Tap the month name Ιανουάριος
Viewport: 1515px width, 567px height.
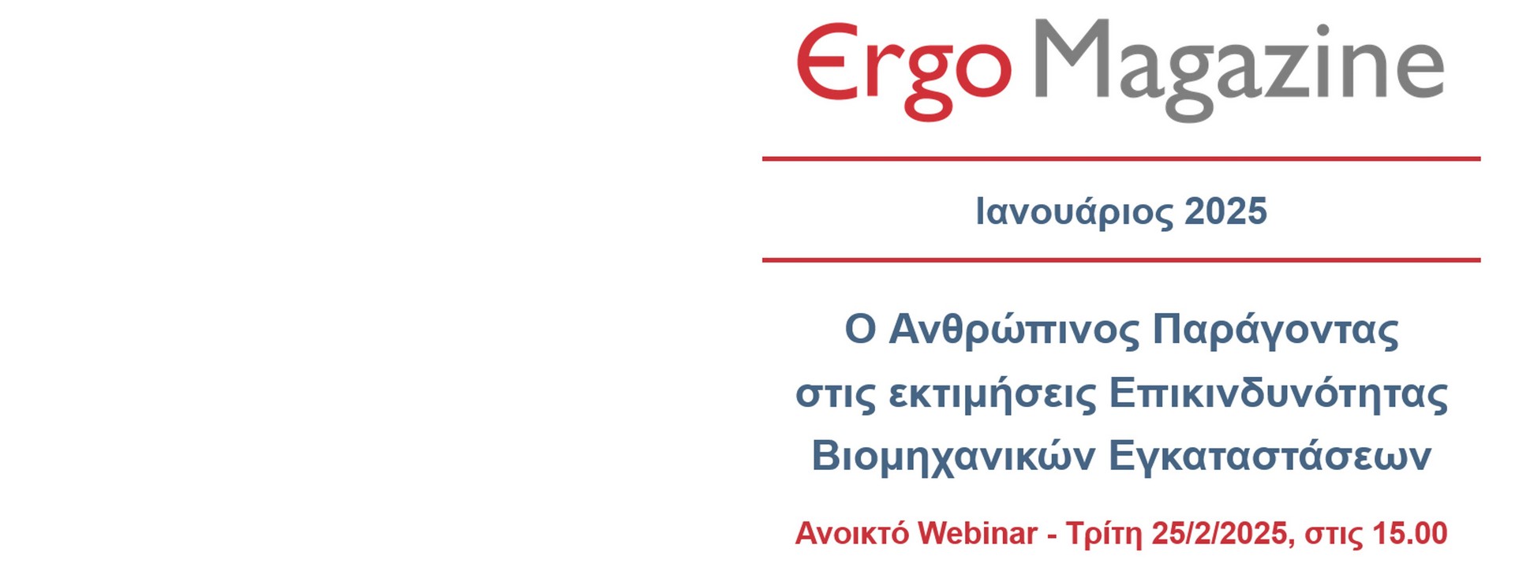1063,212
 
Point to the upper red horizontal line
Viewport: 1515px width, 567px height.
1120,159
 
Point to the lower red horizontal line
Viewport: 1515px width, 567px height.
1120,259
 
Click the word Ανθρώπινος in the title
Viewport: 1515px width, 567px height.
1015,330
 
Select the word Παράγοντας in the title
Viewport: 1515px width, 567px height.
1276,330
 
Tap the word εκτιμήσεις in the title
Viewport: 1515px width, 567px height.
993,394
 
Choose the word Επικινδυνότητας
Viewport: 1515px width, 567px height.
1278,394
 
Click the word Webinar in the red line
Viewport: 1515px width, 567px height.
977,534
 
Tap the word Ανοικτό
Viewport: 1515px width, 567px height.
852,534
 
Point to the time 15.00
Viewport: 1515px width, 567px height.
1410,534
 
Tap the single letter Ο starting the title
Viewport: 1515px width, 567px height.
861,330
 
